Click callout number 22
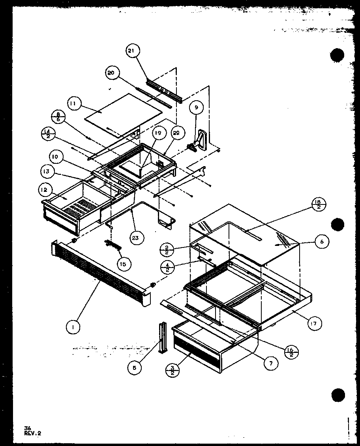pos(176,133)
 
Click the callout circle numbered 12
pos(44,190)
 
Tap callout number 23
pos(138,238)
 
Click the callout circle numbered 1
pos(73,327)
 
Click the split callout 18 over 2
pos(319,205)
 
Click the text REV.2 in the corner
pos(32,433)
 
